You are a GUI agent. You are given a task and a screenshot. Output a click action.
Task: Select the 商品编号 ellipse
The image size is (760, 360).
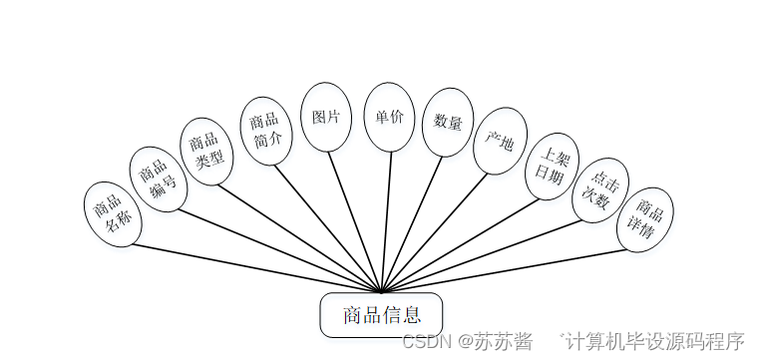click(x=158, y=180)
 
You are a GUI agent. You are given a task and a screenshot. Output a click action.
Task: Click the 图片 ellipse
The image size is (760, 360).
click(x=326, y=117)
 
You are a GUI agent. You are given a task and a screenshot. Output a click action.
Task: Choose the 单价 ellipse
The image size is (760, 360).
click(x=389, y=117)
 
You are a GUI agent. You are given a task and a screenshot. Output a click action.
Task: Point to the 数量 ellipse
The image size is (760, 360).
click(x=449, y=123)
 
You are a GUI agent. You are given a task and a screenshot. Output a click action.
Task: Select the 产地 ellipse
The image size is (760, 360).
click(x=500, y=141)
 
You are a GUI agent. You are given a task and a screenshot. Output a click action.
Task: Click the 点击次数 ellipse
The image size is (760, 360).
click(x=600, y=190)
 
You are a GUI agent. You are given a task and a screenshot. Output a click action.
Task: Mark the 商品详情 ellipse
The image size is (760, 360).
click(x=645, y=219)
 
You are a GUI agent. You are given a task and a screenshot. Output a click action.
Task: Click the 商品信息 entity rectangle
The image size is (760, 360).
click(x=380, y=315)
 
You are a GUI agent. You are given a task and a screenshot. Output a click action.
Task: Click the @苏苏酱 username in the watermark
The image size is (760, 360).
click(x=496, y=341)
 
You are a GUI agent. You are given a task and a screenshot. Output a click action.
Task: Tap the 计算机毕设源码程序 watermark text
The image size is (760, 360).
click(x=656, y=341)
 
